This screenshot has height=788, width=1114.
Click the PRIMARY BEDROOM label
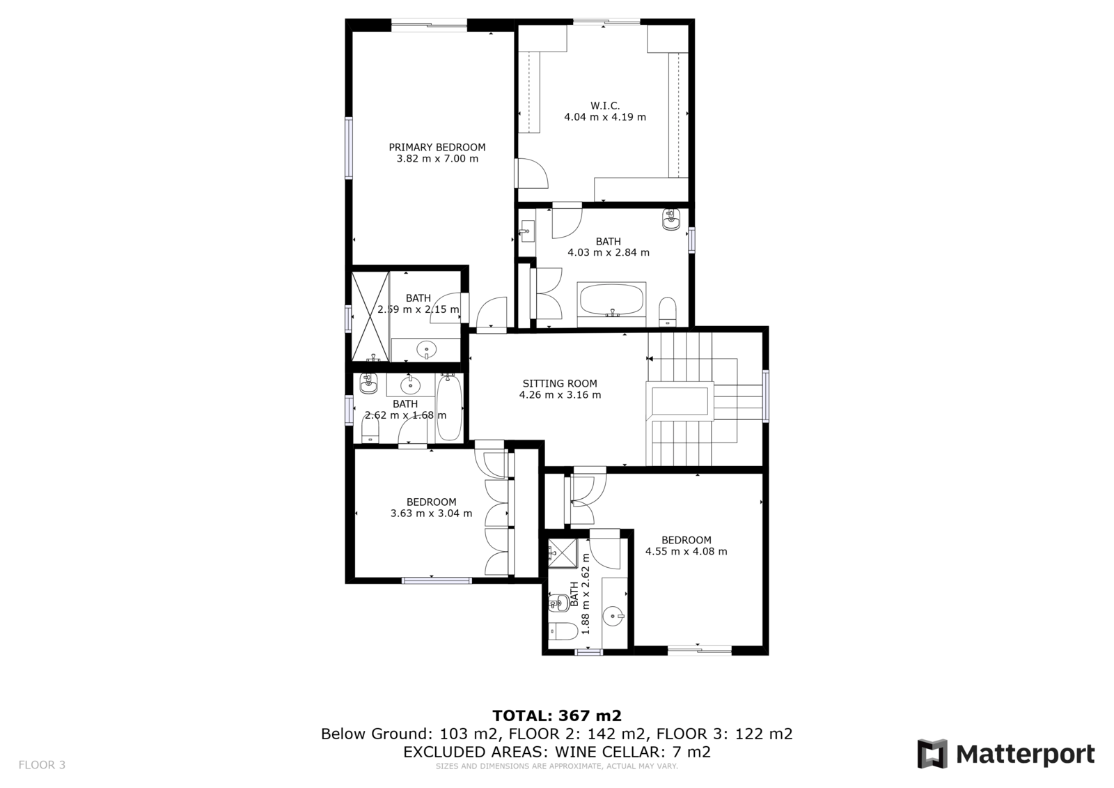click(437, 147)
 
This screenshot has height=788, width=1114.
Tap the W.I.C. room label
click(605, 105)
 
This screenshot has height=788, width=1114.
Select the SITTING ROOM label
click(560, 384)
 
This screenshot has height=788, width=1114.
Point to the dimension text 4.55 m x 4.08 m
click(687, 552)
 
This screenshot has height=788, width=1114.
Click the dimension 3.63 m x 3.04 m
click(431, 513)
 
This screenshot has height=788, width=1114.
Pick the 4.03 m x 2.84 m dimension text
click(609, 252)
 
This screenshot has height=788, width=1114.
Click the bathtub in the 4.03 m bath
click(612, 300)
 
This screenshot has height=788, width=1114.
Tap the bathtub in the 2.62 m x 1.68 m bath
click(449, 407)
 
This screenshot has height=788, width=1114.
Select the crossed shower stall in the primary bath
click(370, 316)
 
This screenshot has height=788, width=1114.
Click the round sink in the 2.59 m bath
click(426, 350)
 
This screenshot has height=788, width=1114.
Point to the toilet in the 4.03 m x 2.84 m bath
click(668, 311)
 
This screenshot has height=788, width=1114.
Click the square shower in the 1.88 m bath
click(563, 553)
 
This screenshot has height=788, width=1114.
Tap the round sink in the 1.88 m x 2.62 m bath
click(613, 617)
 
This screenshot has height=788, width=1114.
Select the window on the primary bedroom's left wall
click(349, 148)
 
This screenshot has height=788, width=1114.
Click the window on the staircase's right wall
click(766, 396)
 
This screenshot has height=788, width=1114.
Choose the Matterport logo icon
click(932, 754)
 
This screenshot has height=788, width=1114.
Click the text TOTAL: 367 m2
click(557, 716)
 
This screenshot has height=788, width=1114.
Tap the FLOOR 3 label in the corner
click(42, 764)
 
